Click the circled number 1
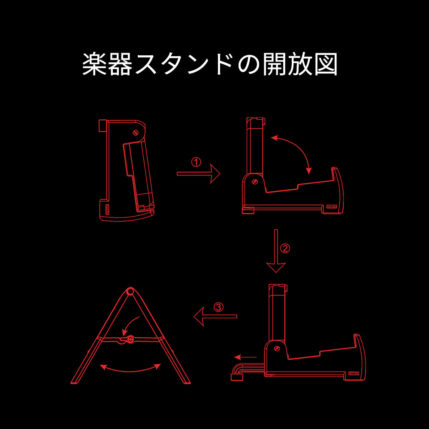(x=196, y=162)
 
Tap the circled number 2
(x=285, y=248)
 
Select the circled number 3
(x=218, y=307)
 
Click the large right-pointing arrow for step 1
(x=198, y=173)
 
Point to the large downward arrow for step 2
(x=276, y=251)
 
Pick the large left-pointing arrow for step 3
(x=215, y=316)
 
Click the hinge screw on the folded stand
(x=136, y=133)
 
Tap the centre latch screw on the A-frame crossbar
(x=130, y=339)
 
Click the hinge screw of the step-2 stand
(x=255, y=181)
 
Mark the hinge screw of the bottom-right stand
(x=277, y=348)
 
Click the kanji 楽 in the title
(x=94, y=64)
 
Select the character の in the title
(x=248, y=65)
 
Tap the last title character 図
(x=326, y=64)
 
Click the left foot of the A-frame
(x=75, y=382)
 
